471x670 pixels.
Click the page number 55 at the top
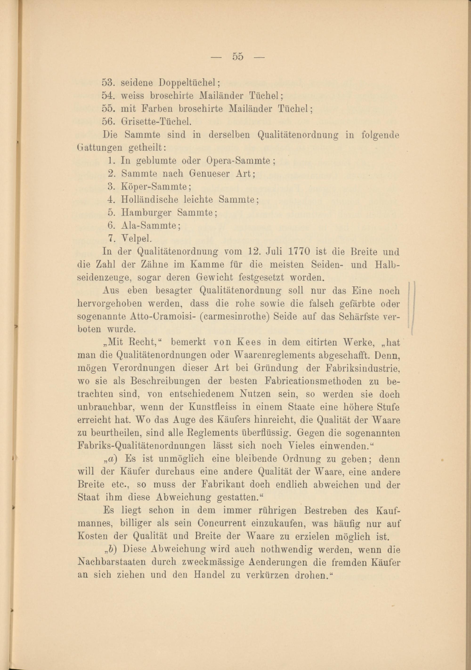click(x=238, y=56)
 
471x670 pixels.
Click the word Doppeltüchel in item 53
click(x=189, y=83)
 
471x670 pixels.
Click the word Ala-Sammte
click(x=150, y=225)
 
